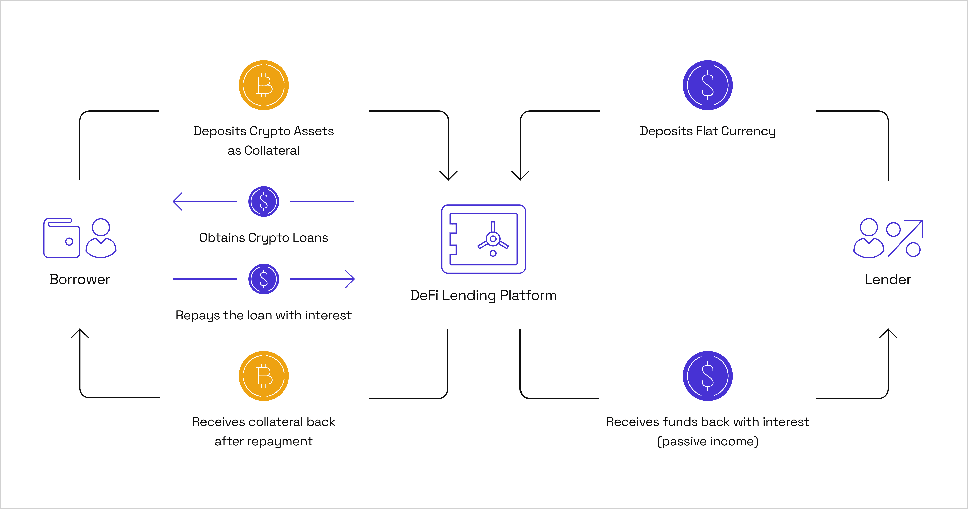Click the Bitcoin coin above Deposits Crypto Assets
[x=264, y=85]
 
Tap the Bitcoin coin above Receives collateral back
[x=264, y=376]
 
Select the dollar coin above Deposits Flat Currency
[x=708, y=85]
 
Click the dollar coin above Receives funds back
[x=708, y=376]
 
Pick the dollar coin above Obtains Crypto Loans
[x=264, y=201]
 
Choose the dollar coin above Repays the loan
[x=264, y=279]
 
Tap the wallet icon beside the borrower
[x=62, y=238]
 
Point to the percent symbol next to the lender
[x=904, y=238]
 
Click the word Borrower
[x=80, y=279]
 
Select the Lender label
[x=888, y=279]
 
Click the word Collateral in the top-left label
[x=272, y=150]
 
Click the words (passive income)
[x=708, y=441]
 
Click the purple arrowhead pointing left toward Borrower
[x=177, y=201]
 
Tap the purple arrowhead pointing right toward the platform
[x=350, y=279]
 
